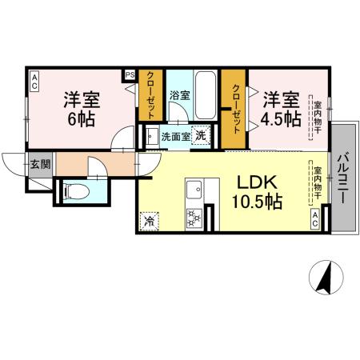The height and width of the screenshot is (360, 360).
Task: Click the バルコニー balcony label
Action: [343, 182]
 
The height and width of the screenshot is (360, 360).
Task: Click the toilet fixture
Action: [73, 192]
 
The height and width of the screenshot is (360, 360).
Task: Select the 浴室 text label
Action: [179, 95]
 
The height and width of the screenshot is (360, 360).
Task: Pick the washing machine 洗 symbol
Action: [202, 135]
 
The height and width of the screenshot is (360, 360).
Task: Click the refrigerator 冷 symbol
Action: [149, 218]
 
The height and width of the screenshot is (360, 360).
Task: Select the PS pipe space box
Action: [129, 76]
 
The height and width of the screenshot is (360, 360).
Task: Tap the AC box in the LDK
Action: [316, 219]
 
